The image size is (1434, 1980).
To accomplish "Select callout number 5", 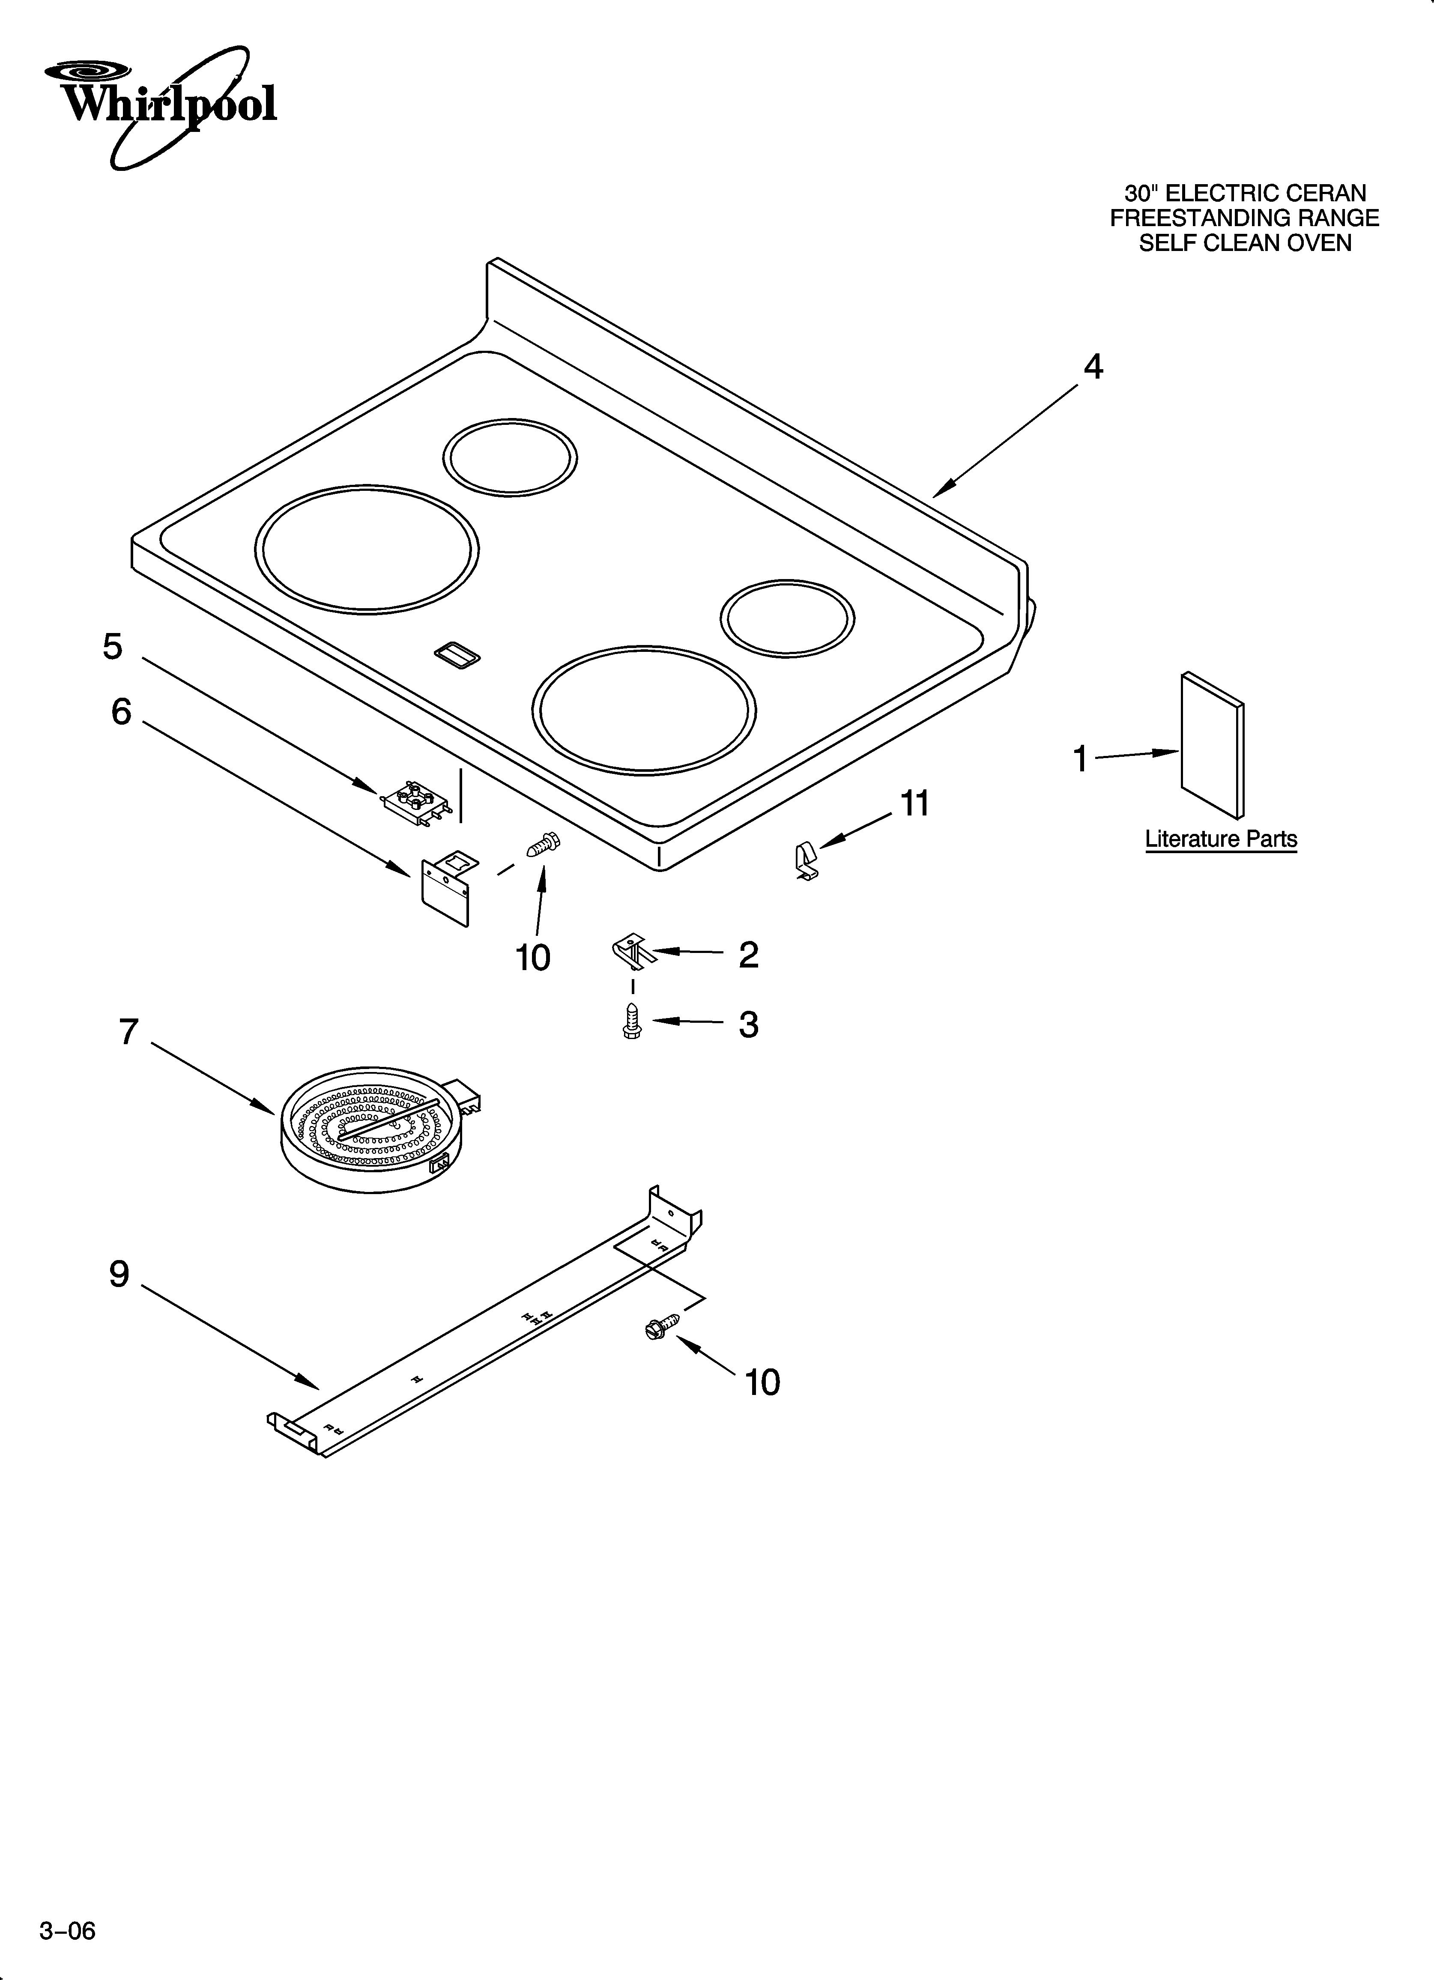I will (113, 647).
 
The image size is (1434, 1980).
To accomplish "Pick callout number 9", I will (119, 1275).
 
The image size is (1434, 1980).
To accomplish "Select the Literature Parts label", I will (1221, 839).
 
